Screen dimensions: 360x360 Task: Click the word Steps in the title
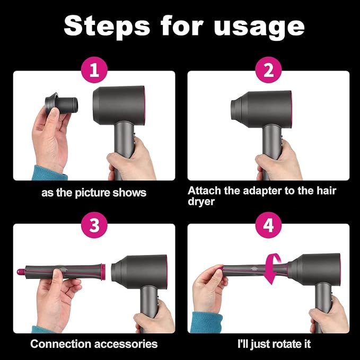coord(107,25)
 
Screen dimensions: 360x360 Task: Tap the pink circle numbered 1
coord(94,70)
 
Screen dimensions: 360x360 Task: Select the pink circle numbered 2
coord(269,70)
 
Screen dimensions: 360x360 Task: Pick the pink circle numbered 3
coord(94,225)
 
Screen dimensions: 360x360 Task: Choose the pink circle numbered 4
coord(269,225)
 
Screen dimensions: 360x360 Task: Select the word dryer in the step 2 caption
coord(201,202)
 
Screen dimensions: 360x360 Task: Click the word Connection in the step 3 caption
coord(60,344)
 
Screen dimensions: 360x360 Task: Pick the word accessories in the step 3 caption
coord(126,344)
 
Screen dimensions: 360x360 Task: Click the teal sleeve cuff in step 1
coord(49,173)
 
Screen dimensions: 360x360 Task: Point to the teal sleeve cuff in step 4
coord(206,322)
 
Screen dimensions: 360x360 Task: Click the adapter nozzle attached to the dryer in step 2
coord(236,108)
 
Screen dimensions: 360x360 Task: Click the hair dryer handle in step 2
coord(272,147)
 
